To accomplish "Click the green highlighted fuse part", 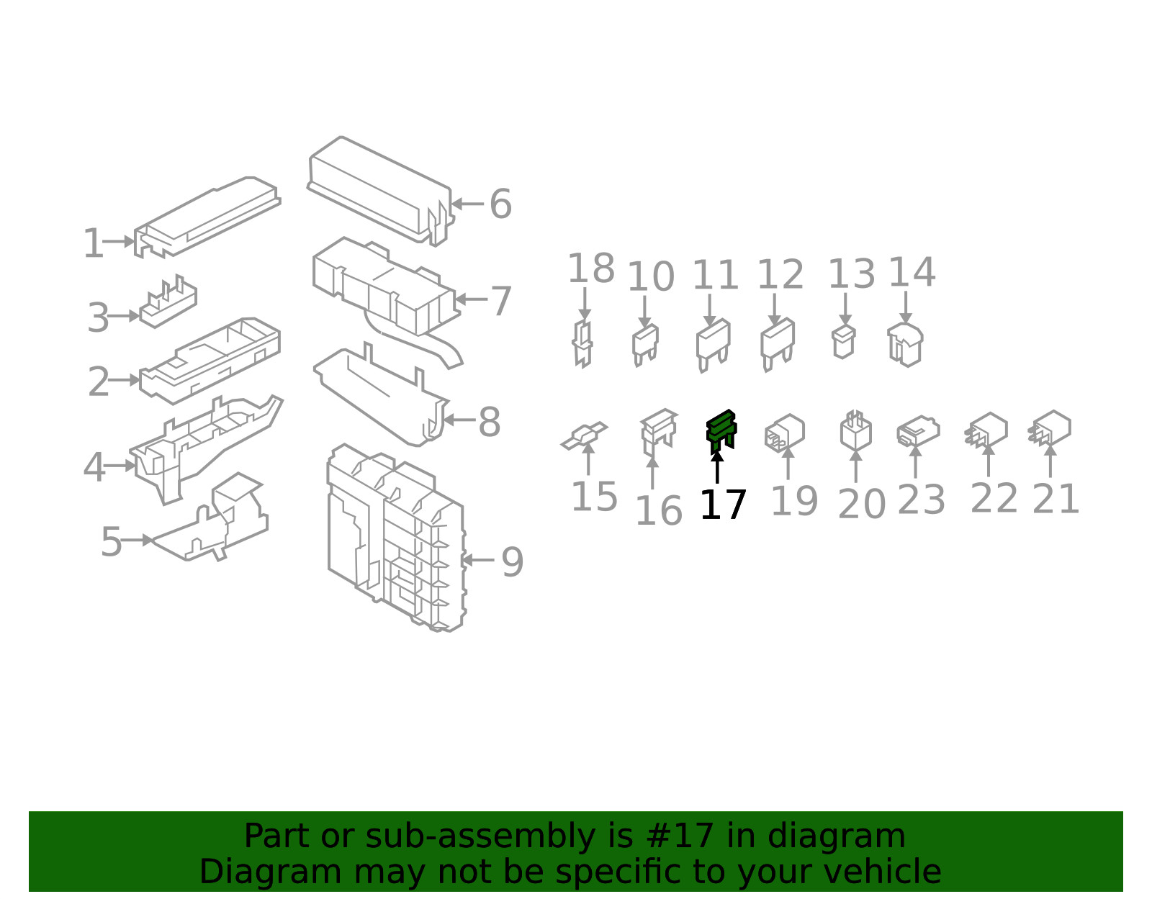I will point(721,430).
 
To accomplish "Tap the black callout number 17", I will point(723,505).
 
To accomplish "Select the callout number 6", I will point(500,204).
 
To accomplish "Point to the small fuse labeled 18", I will point(582,343).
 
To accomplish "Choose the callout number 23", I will point(921,501).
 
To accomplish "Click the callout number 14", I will point(912,273).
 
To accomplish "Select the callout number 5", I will point(111,542).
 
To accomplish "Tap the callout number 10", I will point(651,277).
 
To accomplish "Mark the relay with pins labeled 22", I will point(988,430).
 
